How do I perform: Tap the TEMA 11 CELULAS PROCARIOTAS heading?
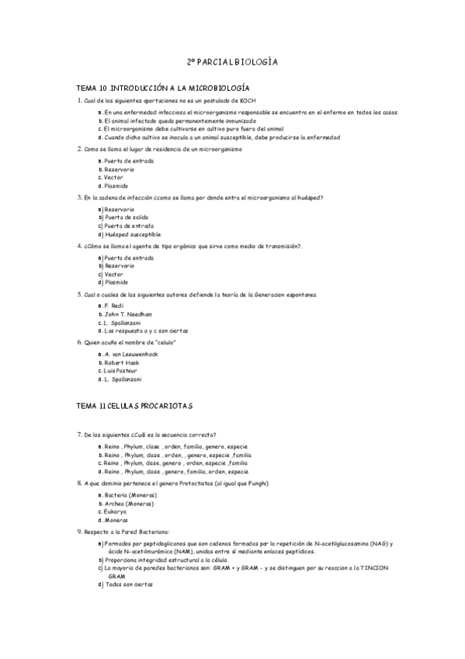pyautogui.click(x=135, y=406)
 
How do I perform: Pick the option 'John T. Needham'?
pyautogui.click(x=128, y=314)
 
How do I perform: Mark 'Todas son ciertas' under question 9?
pyautogui.click(x=129, y=584)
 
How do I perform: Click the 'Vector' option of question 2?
pyautogui.click(x=113, y=177)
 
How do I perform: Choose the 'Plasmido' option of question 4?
pyautogui.click(x=116, y=282)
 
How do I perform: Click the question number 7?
pyautogui.click(x=79, y=434)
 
